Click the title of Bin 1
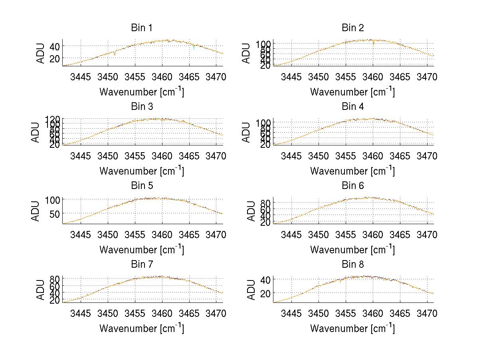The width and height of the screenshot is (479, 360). tap(142, 28)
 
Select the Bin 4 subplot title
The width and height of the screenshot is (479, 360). tap(353, 107)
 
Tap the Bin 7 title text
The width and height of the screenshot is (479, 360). tap(142, 265)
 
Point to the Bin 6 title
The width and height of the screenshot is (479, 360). tap(353, 186)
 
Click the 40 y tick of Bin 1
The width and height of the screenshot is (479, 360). tap(55, 46)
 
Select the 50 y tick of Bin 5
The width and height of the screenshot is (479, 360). tap(55, 213)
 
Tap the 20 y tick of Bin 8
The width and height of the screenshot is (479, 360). tap(265, 293)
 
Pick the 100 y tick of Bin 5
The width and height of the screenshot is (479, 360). tap(52, 199)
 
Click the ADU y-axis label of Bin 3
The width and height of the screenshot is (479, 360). tap(36, 132)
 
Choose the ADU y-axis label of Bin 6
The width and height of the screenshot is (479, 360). tap(251, 211)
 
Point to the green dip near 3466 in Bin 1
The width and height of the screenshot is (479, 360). tap(194, 48)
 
